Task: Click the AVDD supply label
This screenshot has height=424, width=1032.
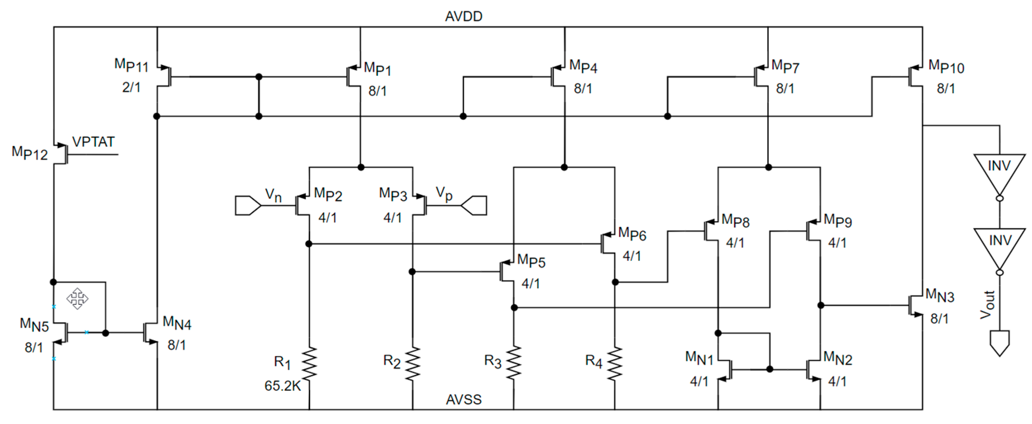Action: coord(463,16)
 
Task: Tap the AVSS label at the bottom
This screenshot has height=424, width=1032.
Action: coord(463,399)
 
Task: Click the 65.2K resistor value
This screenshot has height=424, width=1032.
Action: coord(282,386)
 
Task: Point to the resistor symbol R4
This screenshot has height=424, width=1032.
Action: coord(615,363)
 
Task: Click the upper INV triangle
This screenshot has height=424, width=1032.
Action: coord(999,170)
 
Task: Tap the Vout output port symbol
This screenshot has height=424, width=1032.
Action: coord(999,342)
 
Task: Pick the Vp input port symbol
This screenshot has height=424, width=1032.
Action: coord(474,205)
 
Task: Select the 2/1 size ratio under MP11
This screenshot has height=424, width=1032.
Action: coord(132,87)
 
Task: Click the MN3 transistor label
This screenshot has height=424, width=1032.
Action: coord(939,295)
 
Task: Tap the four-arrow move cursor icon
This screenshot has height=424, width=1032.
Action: coord(77,298)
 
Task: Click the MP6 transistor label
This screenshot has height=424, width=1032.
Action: coord(632,233)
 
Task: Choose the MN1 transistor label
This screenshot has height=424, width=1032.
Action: coord(699,358)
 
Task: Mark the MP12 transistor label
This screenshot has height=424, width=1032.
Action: coord(30,153)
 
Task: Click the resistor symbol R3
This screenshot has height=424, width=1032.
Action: coord(514,363)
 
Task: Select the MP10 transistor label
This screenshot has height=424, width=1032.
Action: coord(946,66)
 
